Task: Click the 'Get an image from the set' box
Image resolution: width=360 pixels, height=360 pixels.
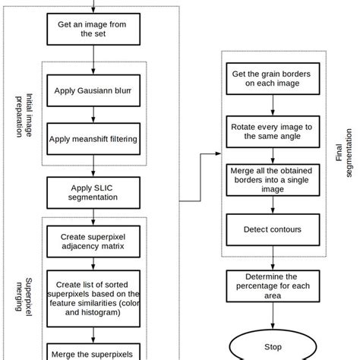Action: click(92, 30)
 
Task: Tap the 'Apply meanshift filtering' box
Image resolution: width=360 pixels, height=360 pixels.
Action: click(92, 139)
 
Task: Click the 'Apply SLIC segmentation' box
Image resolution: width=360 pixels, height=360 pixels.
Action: click(92, 192)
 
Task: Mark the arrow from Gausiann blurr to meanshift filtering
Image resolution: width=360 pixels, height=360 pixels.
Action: click(92, 114)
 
